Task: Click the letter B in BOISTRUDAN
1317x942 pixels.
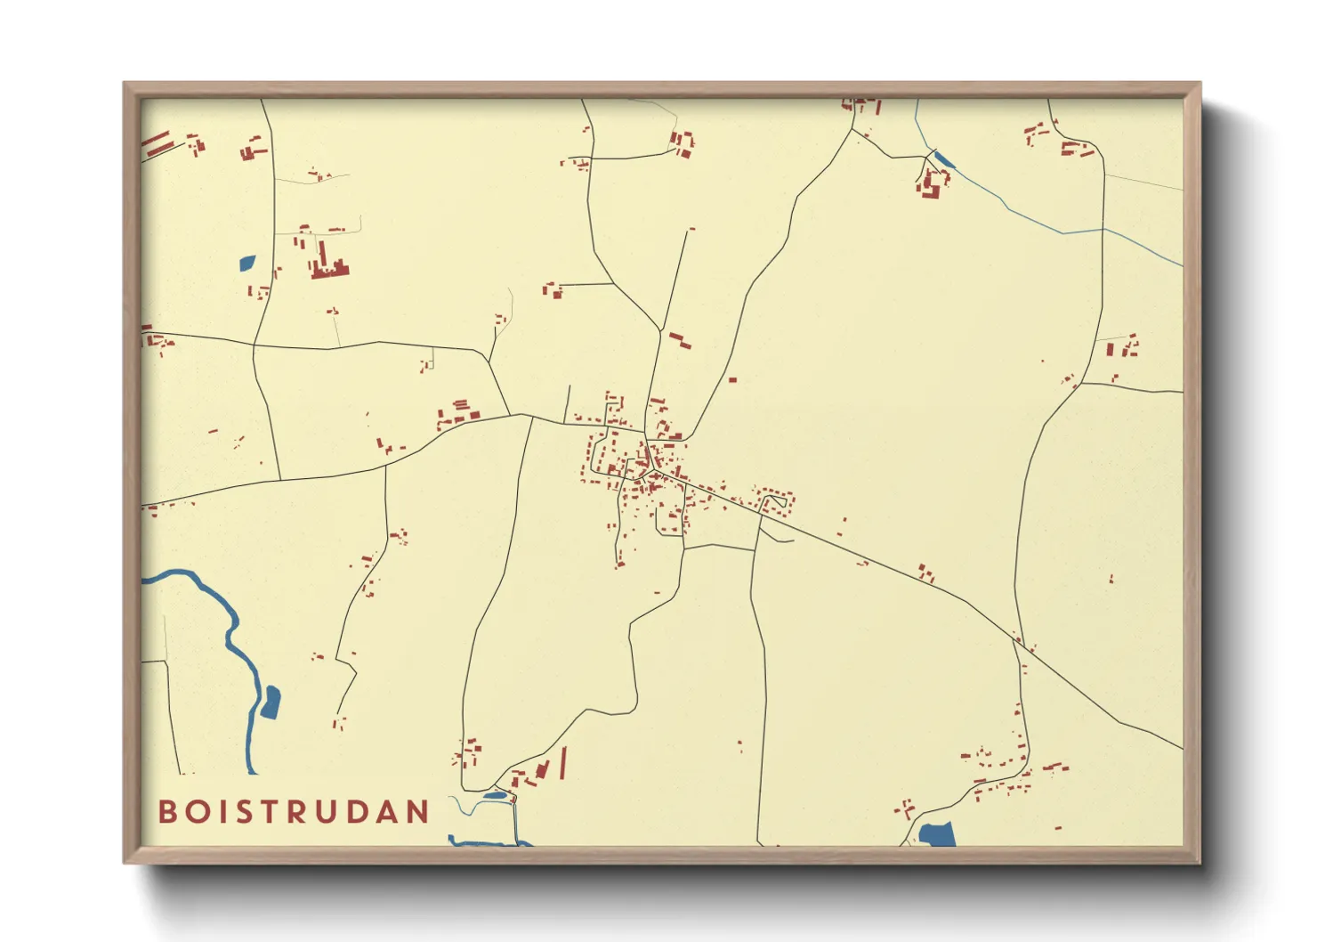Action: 167,812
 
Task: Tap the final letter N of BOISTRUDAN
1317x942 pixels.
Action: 419,812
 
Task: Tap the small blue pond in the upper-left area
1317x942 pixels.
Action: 246,263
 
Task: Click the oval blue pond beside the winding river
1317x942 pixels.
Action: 270,702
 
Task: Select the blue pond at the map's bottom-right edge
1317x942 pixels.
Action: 937,834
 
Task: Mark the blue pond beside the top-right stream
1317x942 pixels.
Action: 943,161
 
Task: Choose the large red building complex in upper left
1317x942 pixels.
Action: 327,260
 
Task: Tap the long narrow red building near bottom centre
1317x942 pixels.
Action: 562,764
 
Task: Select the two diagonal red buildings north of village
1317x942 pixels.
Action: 680,339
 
